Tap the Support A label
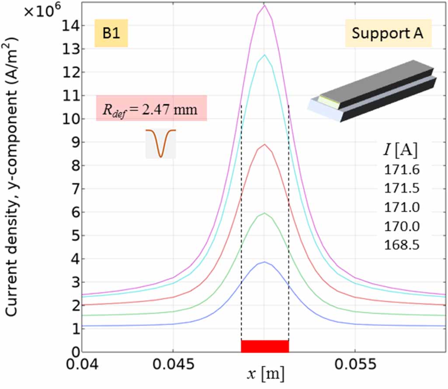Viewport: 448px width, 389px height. (x=388, y=33)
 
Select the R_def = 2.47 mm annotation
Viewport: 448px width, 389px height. (x=151, y=108)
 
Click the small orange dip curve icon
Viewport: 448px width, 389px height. (x=161, y=143)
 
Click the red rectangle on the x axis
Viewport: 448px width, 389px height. (x=265, y=346)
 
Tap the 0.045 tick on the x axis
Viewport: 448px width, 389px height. (x=174, y=364)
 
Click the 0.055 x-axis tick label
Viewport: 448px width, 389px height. (x=355, y=364)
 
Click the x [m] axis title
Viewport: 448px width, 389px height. (x=265, y=374)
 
